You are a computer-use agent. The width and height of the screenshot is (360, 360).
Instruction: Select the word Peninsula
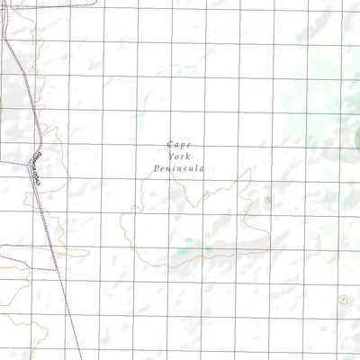[180, 168]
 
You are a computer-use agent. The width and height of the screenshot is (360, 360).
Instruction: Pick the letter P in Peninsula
[157, 168]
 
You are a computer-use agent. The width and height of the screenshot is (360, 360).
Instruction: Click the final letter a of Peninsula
[204, 168]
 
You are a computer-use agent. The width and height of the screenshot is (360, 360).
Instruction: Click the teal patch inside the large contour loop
[189, 241]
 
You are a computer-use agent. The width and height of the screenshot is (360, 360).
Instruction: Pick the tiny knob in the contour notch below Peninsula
[206, 193]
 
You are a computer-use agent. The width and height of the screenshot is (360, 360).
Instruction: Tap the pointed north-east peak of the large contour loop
[248, 169]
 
